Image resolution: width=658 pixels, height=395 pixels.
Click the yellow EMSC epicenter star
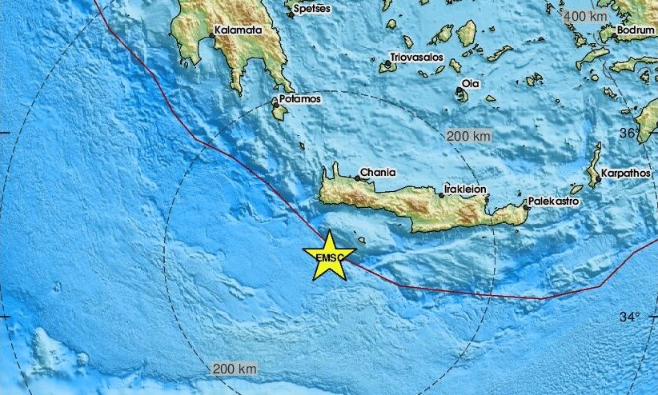point(329,257)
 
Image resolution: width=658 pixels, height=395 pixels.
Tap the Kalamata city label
point(237,30)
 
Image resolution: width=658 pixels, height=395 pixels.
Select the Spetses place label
point(312,9)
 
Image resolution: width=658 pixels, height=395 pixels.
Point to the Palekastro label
point(553,201)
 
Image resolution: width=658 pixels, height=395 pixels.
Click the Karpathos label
point(628,173)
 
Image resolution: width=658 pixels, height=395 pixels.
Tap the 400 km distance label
point(587,16)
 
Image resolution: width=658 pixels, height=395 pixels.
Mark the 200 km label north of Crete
point(468,136)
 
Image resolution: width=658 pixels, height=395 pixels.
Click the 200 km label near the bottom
point(235,369)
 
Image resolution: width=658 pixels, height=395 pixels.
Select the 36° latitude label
point(629,132)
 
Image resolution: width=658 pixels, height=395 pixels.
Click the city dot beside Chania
point(357,178)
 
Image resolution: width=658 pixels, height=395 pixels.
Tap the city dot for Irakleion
point(442,195)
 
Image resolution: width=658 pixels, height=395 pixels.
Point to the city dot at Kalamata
point(211,37)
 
